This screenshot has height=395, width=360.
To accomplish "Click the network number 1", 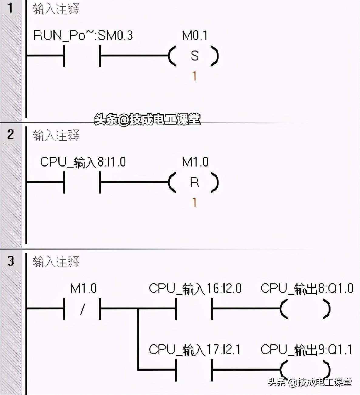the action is click(x=10, y=8).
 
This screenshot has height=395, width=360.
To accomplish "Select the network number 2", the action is click(x=10, y=135).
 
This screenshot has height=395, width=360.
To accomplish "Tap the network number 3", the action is click(x=11, y=261).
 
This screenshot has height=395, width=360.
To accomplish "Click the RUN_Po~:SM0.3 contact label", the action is click(x=83, y=36).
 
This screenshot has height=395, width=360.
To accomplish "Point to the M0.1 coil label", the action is click(x=195, y=36).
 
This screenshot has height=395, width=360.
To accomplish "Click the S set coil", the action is click(x=193, y=56).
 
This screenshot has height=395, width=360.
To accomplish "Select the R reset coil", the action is click(x=193, y=182).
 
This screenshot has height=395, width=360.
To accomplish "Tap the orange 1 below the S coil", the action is click(x=194, y=76).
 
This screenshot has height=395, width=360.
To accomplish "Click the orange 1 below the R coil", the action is click(x=194, y=202).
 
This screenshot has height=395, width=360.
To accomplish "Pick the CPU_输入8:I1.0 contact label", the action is click(x=83, y=162).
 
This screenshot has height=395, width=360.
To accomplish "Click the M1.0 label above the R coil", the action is click(x=195, y=162).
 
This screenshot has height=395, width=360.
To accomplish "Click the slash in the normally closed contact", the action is click(x=83, y=309).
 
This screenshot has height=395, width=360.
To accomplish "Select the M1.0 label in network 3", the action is click(x=83, y=288).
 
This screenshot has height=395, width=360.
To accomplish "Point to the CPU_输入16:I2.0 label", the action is click(x=195, y=288).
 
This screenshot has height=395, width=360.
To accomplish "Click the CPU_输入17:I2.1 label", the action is click(x=195, y=350).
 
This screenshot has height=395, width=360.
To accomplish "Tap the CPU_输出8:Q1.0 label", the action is click(x=307, y=288).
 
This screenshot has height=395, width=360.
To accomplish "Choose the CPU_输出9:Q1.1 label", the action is click(x=306, y=350).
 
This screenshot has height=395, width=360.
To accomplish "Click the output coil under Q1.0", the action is click(x=305, y=309).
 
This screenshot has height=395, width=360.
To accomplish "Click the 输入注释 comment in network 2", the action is click(x=56, y=135).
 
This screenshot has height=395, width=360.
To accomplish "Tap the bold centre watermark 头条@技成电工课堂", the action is click(x=147, y=119).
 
